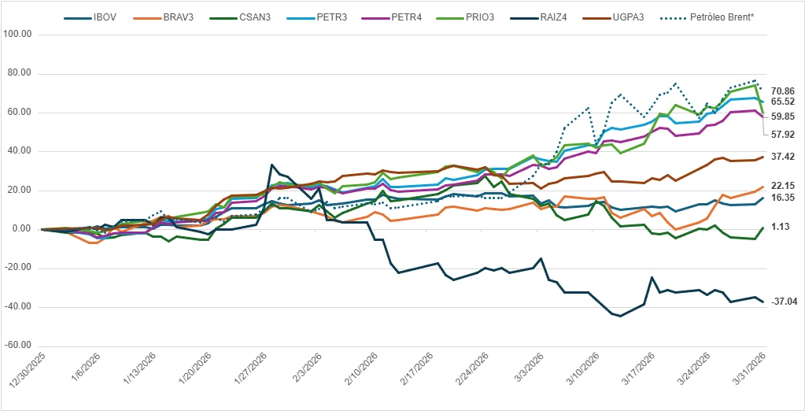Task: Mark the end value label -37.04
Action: (x=785, y=302)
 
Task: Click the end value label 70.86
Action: (x=783, y=91)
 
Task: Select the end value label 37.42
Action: (x=783, y=157)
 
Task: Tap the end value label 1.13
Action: (x=781, y=227)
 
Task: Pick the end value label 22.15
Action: (x=783, y=186)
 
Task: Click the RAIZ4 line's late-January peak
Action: (x=272, y=165)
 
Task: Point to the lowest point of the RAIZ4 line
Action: (x=620, y=317)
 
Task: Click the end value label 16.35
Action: (x=783, y=198)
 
